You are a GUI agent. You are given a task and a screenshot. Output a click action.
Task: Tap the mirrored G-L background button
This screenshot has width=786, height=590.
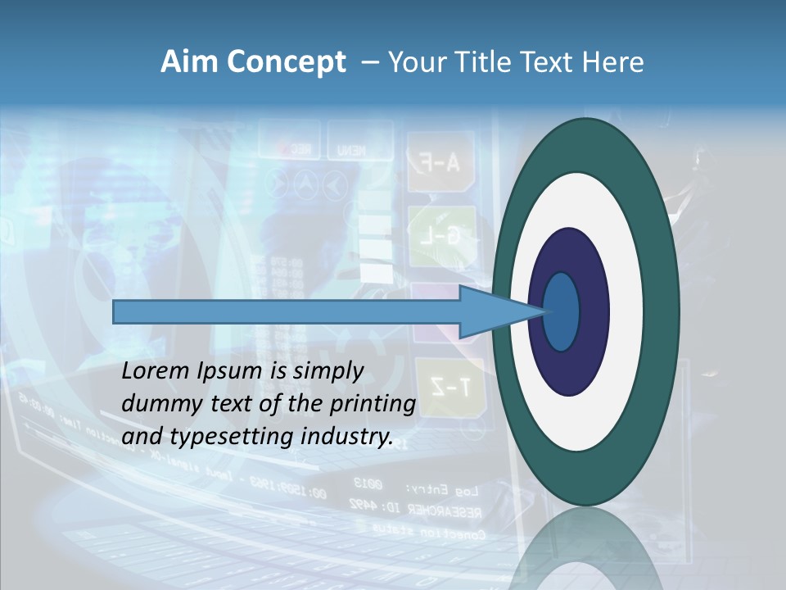442,236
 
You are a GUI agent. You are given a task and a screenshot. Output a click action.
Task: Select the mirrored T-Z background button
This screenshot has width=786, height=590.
451,386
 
